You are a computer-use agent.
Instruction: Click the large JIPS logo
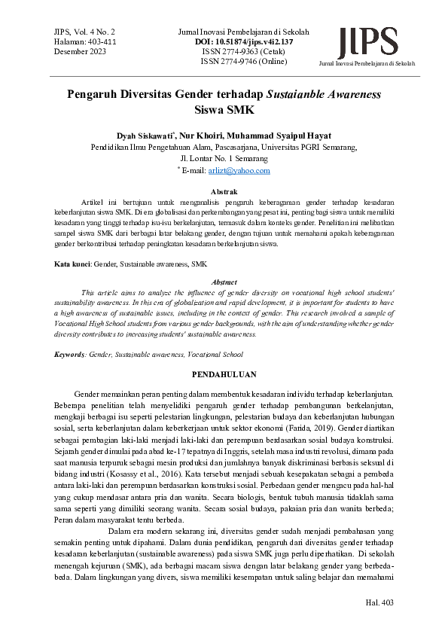pyautogui.click(x=368, y=41)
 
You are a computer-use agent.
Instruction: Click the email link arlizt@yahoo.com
pyautogui.click(x=250, y=172)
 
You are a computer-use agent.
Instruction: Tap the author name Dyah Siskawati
pyautogui.click(x=146, y=136)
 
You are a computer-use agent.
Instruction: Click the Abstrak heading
pyautogui.click(x=224, y=193)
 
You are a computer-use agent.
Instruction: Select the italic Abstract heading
pyautogui.click(x=224, y=281)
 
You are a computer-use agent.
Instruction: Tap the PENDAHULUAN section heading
pyautogui.click(x=224, y=374)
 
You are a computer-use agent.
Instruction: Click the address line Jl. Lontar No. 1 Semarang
pyautogui.click(x=224, y=160)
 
